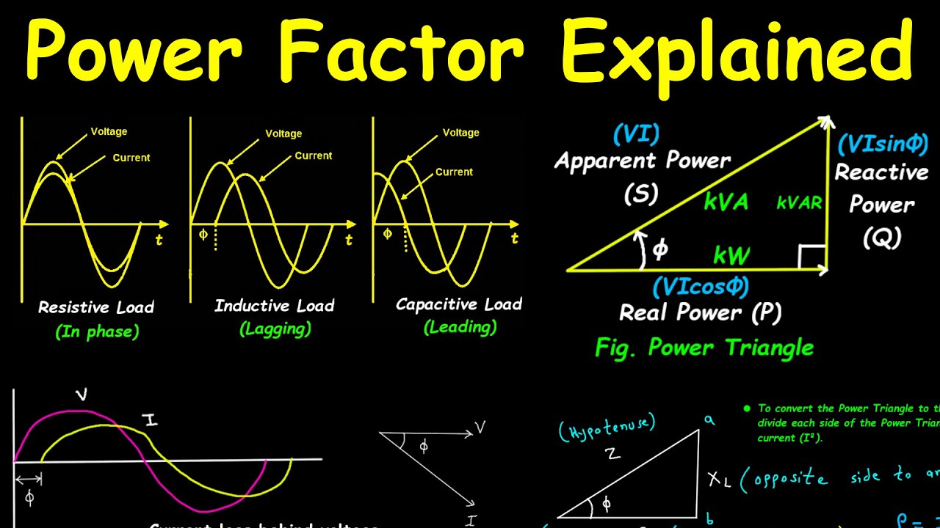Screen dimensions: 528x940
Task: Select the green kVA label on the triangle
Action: pos(726,202)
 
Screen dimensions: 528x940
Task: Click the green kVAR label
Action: pos(800,203)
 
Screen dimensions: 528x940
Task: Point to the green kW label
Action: pos(731,256)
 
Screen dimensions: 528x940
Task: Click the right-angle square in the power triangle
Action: pos(812,257)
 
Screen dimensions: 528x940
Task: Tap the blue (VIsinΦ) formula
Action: pos(883,144)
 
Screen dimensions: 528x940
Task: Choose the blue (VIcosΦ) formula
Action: pos(701,286)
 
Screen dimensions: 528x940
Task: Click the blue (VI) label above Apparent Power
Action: pos(636,134)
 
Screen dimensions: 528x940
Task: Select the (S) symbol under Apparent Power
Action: pos(641,194)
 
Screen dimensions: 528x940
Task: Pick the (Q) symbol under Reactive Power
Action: pos(882,237)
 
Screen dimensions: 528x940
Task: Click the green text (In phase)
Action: pos(97,331)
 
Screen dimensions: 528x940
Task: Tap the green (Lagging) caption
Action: pos(275,329)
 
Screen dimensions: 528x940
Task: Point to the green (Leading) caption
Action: pos(460,327)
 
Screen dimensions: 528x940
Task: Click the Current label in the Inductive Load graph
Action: pos(314,155)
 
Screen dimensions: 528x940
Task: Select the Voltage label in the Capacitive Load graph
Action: pos(460,133)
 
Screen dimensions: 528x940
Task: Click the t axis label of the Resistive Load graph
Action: pos(159,239)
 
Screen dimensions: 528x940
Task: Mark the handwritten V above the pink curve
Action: pos(82,395)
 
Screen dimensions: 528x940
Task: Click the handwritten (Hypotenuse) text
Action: pos(607,427)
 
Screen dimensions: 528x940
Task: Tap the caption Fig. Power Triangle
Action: pos(704,347)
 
